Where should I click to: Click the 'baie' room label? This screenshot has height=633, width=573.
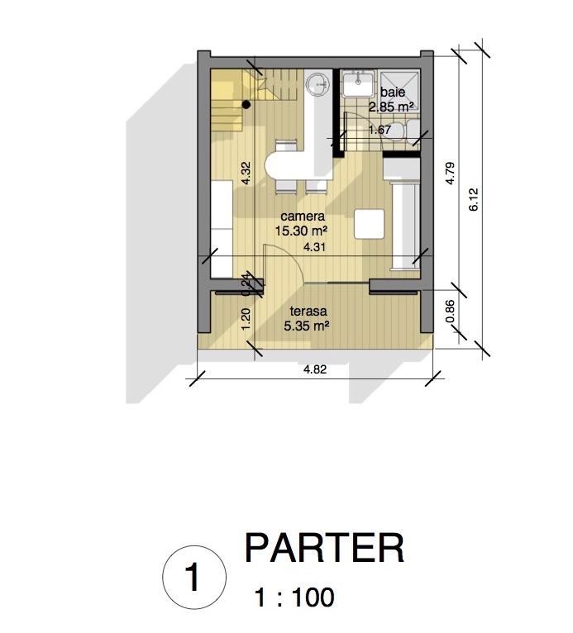pyautogui.click(x=393, y=93)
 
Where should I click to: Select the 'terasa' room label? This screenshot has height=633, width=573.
pyautogui.click(x=308, y=312)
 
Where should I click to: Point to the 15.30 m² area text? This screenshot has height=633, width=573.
pyautogui.click(x=301, y=231)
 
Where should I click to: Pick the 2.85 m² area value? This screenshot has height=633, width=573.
pyautogui.click(x=391, y=107)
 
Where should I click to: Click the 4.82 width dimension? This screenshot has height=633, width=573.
pyautogui.click(x=315, y=369)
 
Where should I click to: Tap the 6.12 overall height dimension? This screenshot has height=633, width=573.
pyautogui.click(x=474, y=199)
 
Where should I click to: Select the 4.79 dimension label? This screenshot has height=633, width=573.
pyautogui.click(x=451, y=174)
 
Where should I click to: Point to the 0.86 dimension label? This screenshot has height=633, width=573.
pyautogui.click(x=451, y=312)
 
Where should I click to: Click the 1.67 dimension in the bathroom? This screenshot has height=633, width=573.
pyautogui.click(x=380, y=130)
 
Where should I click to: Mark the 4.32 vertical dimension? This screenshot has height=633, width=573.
pyautogui.click(x=246, y=174)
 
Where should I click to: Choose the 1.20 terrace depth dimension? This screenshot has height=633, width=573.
pyautogui.click(x=246, y=319)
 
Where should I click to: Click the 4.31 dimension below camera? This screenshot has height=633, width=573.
pyautogui.click(x=314, y=247)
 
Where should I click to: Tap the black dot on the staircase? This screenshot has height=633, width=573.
pyautogui.click(x=246, y=105)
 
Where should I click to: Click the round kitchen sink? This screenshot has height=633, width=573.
pyautogui.click(x=318, y=85)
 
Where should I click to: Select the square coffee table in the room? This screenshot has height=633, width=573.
pyautogui.click(x=369, y=224)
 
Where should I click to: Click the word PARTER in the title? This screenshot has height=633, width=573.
pyautogui.click(x=324, y=548)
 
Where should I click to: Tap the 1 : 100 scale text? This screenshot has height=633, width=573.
pyautogui.click(x=294, y=597)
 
